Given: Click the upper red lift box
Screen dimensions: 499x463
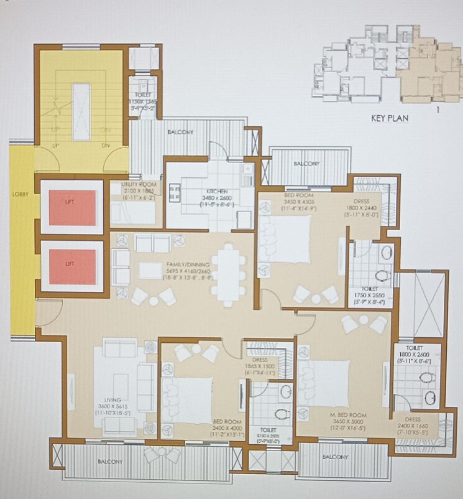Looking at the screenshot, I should click(x=73, y=207).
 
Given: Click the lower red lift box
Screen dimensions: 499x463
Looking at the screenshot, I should click(x=73, y=266).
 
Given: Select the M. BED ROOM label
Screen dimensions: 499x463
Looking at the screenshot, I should click(x=347, y=414).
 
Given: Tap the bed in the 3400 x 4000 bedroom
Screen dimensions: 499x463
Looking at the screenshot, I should click(x=186, y=394).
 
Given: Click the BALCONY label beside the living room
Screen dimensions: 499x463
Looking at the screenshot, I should click(x=110, y=462).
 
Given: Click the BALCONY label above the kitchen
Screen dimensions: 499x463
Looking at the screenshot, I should click(x=180, y=133).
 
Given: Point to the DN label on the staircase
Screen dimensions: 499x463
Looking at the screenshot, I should click(x=106, y=146).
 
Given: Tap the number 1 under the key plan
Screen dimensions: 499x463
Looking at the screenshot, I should click(x=438, y=111).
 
